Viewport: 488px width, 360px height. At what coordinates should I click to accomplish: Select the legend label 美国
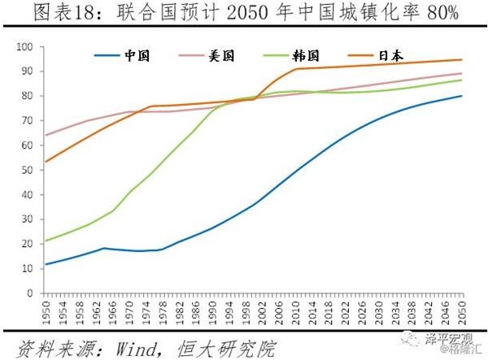(224, 56)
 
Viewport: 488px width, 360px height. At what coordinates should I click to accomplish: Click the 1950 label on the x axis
(46, 310)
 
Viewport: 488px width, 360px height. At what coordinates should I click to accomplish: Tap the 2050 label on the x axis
(462, 310)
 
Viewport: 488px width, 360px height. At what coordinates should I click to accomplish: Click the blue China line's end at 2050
(462, 96)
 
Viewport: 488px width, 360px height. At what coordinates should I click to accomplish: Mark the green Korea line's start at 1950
(46, 241)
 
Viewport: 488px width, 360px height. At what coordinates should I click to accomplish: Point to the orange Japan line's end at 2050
(462, 59)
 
